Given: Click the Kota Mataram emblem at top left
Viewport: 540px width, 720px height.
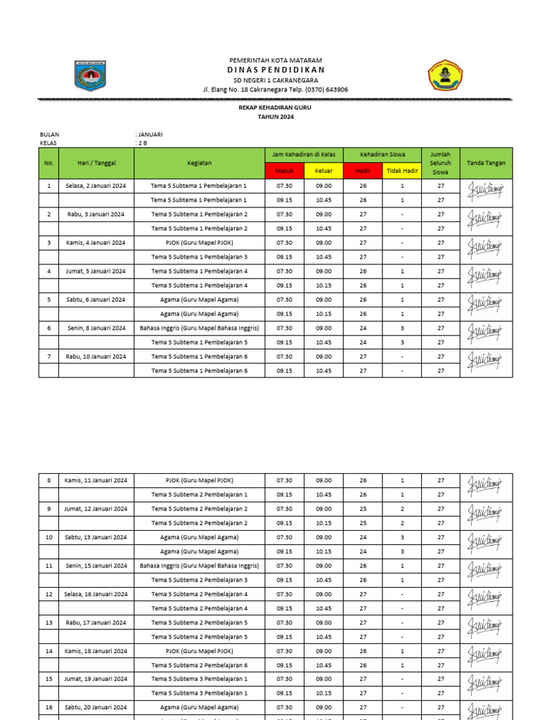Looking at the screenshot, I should click(89, 76).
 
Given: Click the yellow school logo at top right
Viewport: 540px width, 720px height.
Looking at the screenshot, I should click(446, 75).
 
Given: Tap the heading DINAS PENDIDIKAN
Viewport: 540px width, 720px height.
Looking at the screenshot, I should click(276, 70).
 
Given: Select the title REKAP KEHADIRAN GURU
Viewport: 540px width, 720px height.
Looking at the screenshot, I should click(276, 108).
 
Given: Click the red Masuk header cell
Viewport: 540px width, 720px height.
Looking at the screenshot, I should click(285, 171).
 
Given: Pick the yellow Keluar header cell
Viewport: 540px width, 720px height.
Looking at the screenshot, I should click(323, 171).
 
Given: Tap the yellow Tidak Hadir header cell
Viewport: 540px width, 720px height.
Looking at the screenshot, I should click(402, 171).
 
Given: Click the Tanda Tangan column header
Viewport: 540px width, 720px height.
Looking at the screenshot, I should click(486, 163).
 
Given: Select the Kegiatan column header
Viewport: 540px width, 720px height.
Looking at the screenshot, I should click(200, 163).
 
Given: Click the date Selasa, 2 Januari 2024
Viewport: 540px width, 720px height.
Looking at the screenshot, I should click(96, 186).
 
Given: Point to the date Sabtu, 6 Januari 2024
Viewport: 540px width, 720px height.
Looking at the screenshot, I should click(96, 300).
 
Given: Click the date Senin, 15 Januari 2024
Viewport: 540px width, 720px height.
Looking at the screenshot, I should click(96, 566).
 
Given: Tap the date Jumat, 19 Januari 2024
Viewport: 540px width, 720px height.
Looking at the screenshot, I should click(96, 679).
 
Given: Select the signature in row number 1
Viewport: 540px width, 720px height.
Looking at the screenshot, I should click(485, 193).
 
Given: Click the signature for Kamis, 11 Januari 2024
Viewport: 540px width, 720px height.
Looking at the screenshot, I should click(485, 487).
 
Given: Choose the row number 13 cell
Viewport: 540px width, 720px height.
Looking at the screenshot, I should click(49, 622).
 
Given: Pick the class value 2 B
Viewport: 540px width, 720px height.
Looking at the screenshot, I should click(142, 143).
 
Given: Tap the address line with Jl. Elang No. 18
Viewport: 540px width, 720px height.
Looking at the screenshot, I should click(276, 89).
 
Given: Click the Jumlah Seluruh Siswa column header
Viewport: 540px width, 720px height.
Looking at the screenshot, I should click(440, 163).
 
